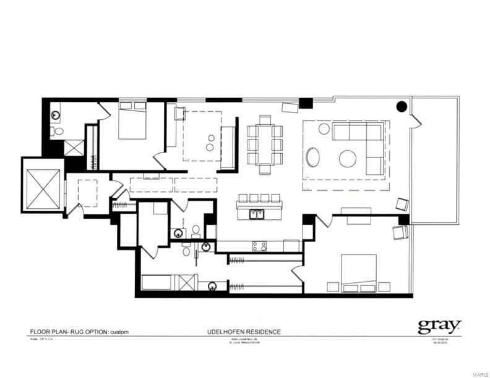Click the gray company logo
click(439, 325)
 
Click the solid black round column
click(401, 106)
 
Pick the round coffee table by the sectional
click(348, 158)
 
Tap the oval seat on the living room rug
click(313, 156)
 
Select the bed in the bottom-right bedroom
click(359, 275)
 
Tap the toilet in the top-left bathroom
click(58, 131)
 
